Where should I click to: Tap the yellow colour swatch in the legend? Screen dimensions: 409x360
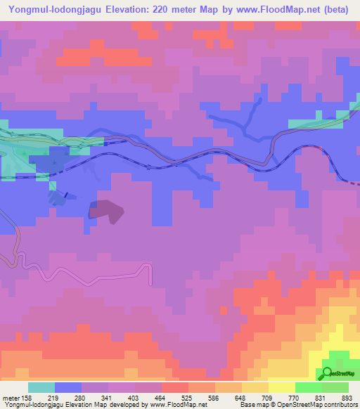tap(281, 387)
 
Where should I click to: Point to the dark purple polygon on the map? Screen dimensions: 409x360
tap(106, 210)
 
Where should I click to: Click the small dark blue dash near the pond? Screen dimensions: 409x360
tap(66, 195)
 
